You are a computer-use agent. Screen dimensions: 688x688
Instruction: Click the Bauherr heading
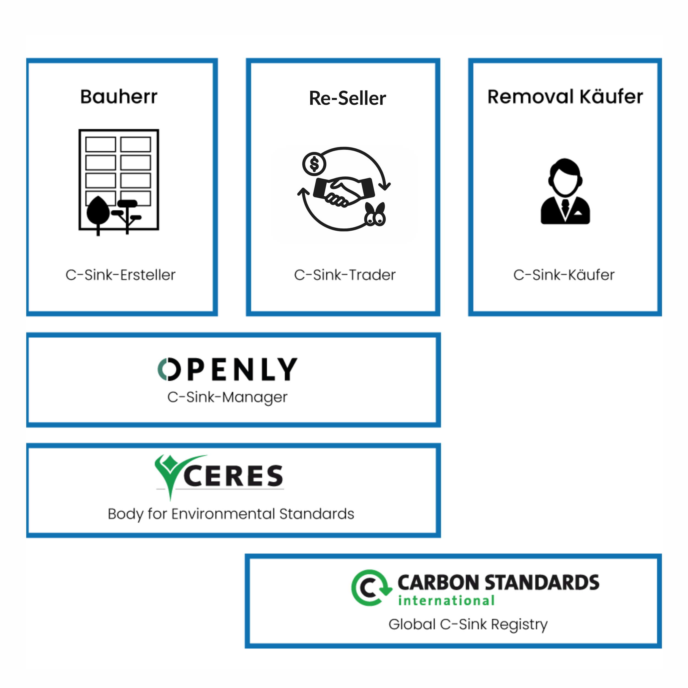click(119, 97)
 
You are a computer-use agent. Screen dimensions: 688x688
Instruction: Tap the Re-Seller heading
click(347, 98)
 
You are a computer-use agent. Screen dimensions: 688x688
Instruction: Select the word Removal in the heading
click(530, 97)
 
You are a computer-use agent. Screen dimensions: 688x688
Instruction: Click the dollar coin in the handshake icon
click(314, 164)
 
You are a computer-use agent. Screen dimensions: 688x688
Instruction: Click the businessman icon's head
click(565, 177)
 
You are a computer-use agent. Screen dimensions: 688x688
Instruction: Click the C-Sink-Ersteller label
click(120, 275)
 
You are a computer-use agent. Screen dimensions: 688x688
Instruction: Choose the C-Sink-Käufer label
click(564, 275)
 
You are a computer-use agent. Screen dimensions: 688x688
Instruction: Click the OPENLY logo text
click(228, 369)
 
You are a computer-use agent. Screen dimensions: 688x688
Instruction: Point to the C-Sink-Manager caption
click(227, 397)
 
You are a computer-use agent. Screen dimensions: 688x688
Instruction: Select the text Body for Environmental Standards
click(231, 514)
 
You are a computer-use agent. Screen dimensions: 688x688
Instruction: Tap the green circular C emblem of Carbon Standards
click(370, 588)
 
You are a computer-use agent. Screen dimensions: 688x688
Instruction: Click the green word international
click(446, 601)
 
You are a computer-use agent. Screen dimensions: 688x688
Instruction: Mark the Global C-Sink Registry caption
click(468, 624)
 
